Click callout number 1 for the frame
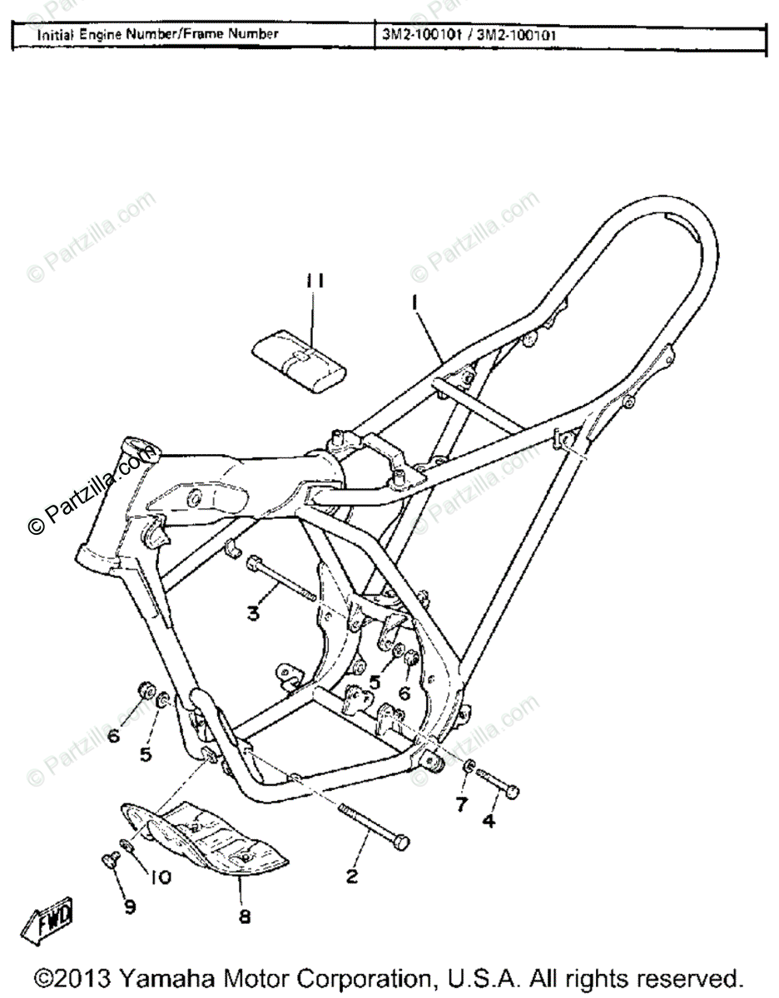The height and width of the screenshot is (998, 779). [414, 304]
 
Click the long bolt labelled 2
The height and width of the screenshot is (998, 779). [375, 826]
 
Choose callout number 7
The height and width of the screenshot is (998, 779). [461, 804]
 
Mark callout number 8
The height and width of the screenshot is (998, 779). [245, 916]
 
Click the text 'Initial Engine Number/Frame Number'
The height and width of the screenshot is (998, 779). [156, 35]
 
